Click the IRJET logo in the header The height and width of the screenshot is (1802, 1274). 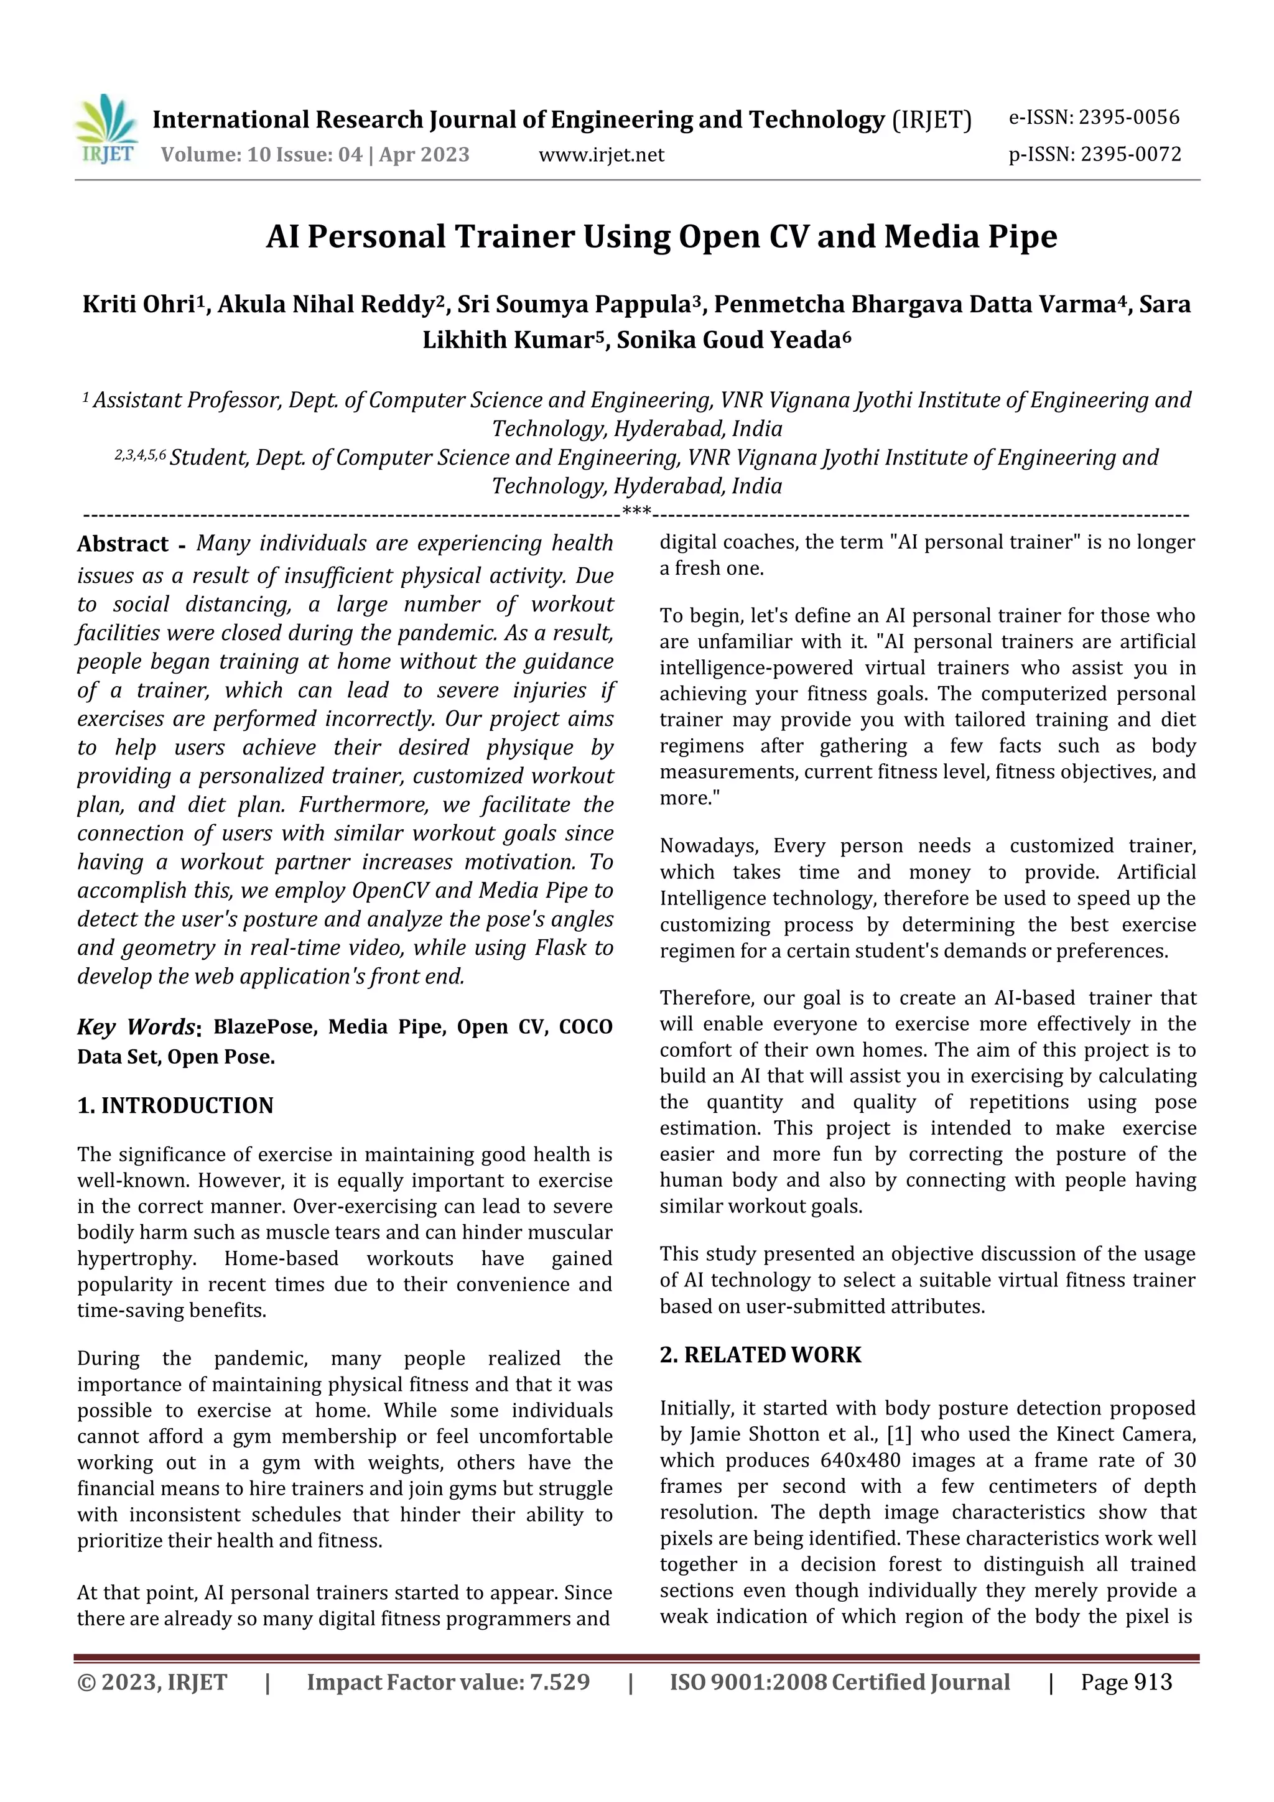click(107, 129)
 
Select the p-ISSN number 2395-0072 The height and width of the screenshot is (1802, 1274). click(1130, 155)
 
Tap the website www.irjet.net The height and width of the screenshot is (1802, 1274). click(602, 156)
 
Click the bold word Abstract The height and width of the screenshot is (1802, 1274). click(123, 544)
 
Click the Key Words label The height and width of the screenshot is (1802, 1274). click(137, 1028)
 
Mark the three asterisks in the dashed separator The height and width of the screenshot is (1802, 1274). click(636, 513)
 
